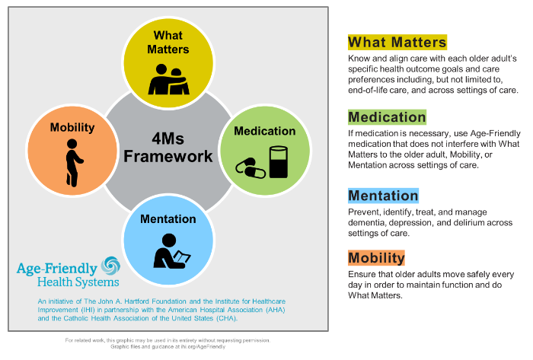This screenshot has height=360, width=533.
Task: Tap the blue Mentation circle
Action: tap(168, 235)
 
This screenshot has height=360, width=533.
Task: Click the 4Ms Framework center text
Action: tap(168, 148)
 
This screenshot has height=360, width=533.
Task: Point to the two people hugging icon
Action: tap(168, 79)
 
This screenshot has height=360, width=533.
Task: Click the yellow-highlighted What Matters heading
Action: tap(397, 42)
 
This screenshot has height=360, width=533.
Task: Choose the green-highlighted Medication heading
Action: tap(387, 117)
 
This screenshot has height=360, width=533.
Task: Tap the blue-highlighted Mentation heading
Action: tap(383, 196)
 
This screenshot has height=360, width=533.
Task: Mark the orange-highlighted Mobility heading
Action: tap(376, 256)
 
